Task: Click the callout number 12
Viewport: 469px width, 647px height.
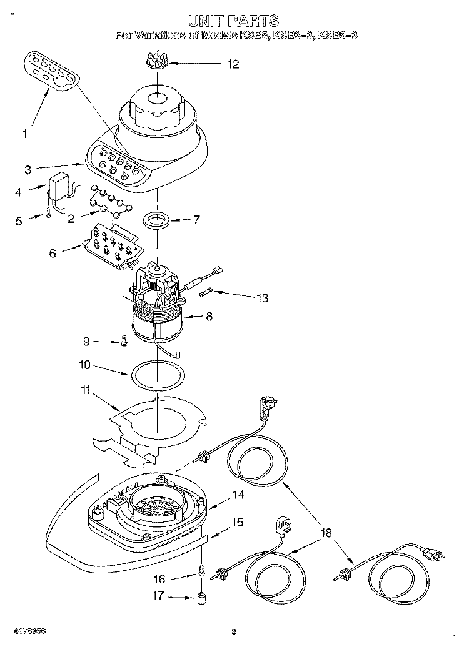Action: coord(233,64)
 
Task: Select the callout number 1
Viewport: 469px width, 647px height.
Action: coord(26,134)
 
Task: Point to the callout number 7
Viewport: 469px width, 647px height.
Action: coord(196,220)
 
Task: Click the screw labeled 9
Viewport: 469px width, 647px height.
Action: coord(124,341)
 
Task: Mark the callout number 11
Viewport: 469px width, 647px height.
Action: coord(84,391)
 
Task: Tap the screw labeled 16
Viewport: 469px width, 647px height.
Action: coord(202,570)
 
